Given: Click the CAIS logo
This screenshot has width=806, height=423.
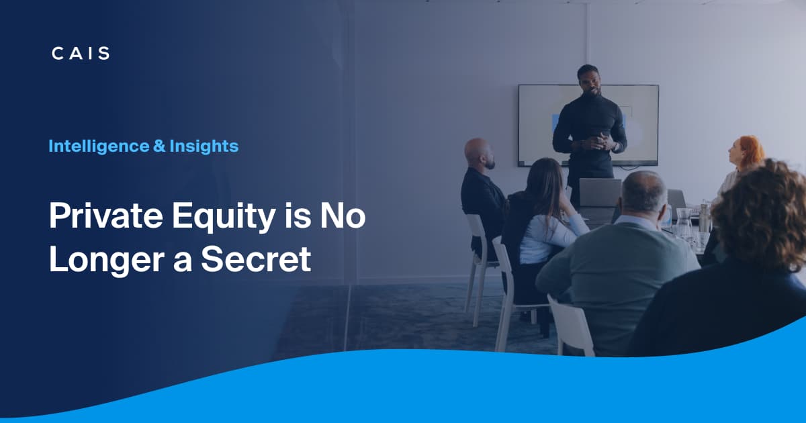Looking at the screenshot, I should (80, 54).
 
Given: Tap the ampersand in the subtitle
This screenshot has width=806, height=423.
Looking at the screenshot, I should (159, 145).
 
